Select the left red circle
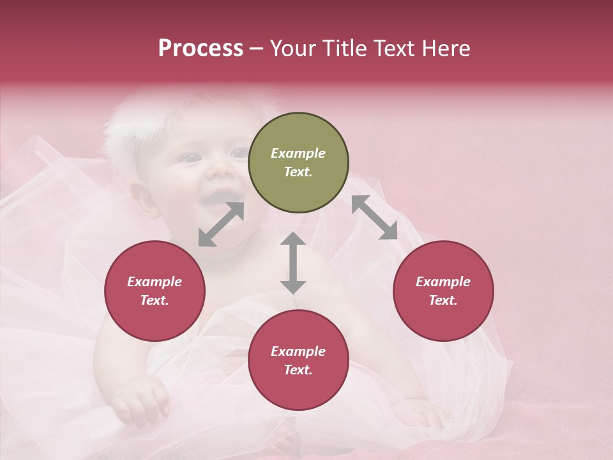[155, 291]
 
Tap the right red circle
[443, 291]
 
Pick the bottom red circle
[298, 360]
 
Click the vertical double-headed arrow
[293, 263]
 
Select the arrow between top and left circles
[221, 224]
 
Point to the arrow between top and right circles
[374, 217]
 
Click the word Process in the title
[201, 48]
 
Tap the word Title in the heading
[344, 48]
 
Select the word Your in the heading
[293, 48]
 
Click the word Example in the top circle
[298, 153]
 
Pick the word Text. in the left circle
[155, 300]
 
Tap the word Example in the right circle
[443, 282]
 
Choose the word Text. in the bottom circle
[298, 370]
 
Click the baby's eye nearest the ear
[189, 157]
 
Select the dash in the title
[257, 49]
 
